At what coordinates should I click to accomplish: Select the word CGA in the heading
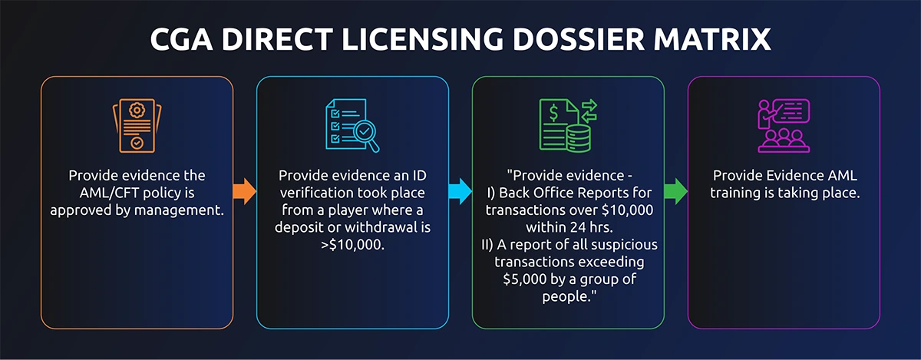181,39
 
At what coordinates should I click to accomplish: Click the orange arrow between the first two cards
245,191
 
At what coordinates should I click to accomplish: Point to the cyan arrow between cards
460,191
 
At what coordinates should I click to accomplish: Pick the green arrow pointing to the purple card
676,191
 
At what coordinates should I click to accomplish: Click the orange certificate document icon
137,125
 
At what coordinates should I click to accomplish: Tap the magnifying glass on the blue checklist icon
366,135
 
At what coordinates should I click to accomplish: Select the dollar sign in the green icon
554,112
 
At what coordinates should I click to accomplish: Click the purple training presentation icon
784,125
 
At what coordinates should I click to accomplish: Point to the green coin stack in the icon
579,138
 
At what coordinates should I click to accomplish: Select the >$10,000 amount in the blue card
352,245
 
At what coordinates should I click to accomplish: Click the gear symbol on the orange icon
137,110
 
